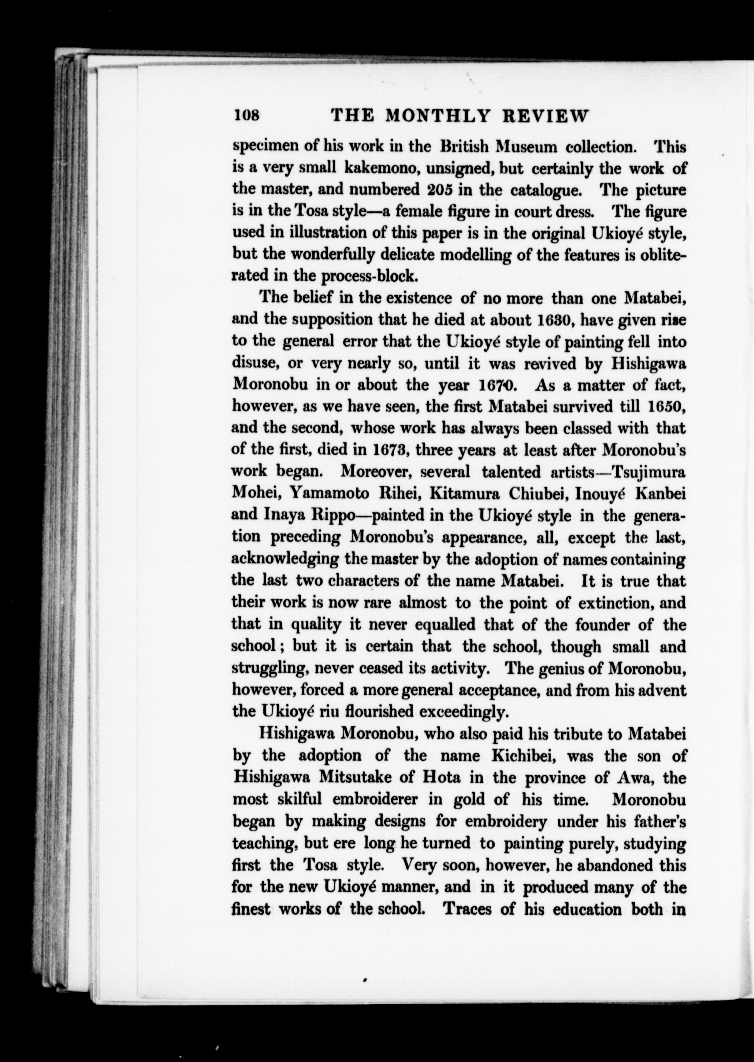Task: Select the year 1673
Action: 390,450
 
